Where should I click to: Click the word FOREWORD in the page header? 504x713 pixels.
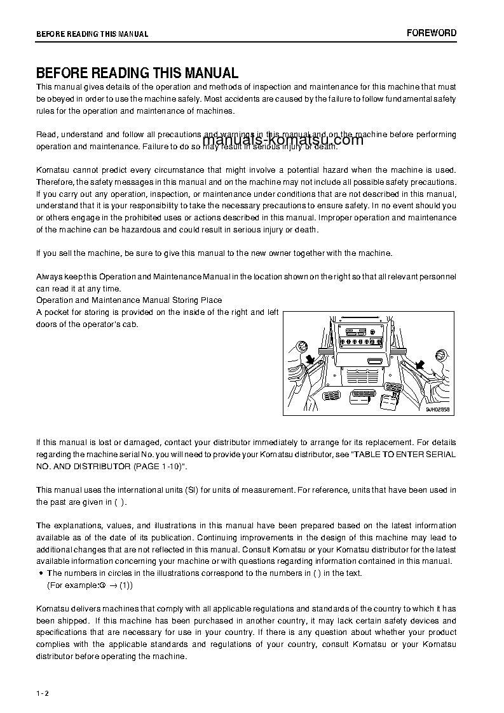pos(432,33)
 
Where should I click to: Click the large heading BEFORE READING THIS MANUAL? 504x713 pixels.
pos(137,73)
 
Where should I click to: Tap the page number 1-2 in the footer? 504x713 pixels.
pos(43,693)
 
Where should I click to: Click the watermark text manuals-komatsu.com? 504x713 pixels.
pos(283,140)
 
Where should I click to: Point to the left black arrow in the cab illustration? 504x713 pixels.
pos(311,361)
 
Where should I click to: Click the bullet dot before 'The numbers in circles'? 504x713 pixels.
pos(41,573)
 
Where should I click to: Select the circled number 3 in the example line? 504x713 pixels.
pos(102,585)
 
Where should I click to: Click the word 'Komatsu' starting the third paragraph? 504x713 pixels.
pos(51,170)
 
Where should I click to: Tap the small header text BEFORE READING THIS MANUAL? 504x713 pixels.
pos(92,34)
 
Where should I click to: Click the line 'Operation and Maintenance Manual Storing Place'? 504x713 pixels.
pos(129,300)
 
